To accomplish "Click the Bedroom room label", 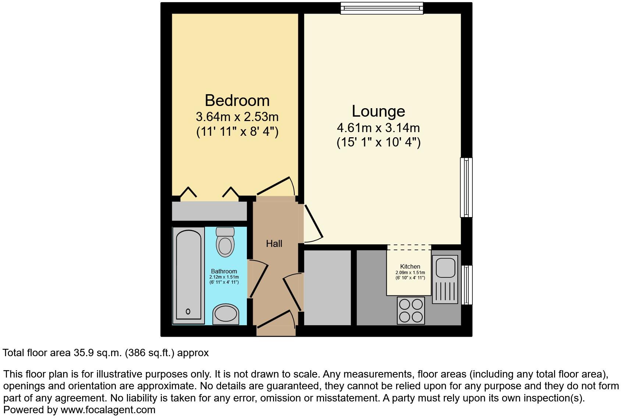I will click(237, 100).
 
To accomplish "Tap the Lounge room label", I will click(378, 111).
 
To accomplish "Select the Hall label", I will click(274, 244).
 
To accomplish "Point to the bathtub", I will click(188, 275).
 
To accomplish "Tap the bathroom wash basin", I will click(226, 314).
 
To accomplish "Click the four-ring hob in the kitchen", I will click(411, 311).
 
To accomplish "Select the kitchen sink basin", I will click(445, 267).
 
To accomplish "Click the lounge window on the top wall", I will click(382, 8).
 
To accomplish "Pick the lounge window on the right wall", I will click(466, 187).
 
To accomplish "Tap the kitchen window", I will click(466, 285).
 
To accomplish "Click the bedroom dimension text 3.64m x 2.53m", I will click(237, 117).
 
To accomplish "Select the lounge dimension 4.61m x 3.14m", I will click(378, 128).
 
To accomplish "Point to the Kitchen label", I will click(410, 266).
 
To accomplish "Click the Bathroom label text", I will click(224, 271).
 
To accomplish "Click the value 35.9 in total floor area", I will click(81, 353).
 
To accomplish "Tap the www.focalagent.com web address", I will click(108, 410).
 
